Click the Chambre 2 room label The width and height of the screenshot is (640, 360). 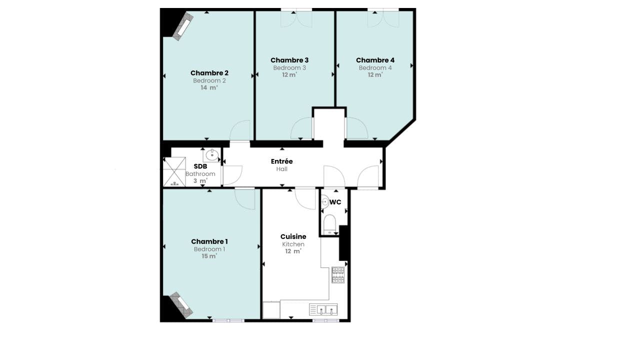(x=209, y=73)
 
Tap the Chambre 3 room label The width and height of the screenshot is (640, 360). (x=289, y=60)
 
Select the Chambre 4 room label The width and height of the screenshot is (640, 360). (x=375, y=60)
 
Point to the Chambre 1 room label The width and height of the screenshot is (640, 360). (x=209, y=241)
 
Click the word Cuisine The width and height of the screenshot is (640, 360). (x=293, y=236)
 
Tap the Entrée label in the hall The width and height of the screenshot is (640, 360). (x=281, y=161)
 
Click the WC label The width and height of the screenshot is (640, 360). (x=335, y=202)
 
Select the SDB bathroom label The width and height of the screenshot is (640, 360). (x=200, y=166)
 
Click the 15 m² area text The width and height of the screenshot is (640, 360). (x=209, y=256)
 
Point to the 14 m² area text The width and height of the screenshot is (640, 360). (x=209, y=87)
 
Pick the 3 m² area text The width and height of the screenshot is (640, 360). (x=200, y=181)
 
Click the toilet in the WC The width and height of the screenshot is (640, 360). (x=329, y=224)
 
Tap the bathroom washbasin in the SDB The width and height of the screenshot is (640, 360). (x=211, y=155)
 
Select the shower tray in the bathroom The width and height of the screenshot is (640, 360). (x=174, y=171)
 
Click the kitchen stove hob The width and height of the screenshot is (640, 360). (x=338, y=275)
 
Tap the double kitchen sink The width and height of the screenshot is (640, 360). (x=323, y=309)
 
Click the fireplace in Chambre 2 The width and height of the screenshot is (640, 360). (x=183, y=26)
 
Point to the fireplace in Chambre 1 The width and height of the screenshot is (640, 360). (x=181, y=305)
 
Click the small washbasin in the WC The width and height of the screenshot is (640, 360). (x=325, y=201)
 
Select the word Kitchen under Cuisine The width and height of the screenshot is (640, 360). (x=293, y=244)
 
